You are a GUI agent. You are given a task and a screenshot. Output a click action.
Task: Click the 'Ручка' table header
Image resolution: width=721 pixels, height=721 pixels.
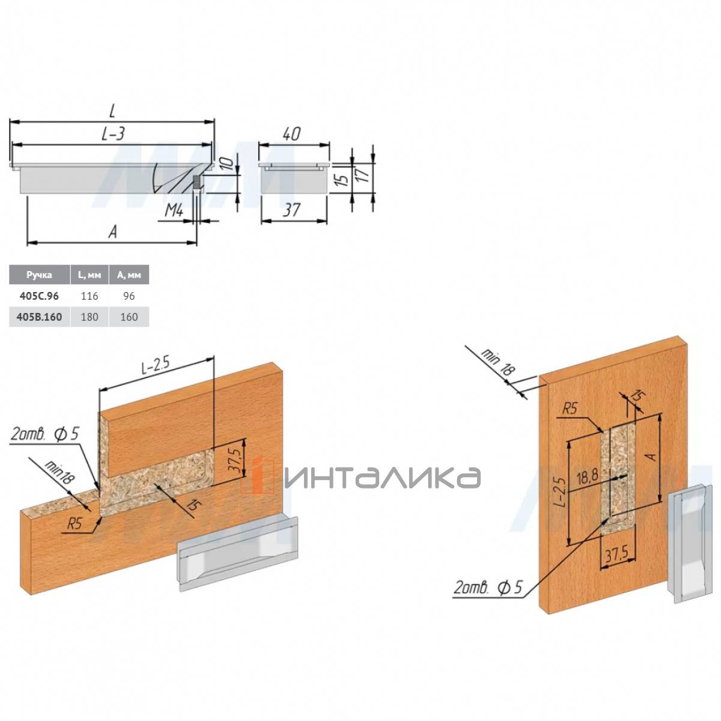[x=39, y=275]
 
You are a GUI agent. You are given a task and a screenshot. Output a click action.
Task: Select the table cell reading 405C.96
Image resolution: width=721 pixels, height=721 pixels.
[x=39, y=296]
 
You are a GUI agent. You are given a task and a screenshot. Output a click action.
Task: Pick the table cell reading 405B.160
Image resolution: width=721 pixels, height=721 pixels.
[x=39, y=317]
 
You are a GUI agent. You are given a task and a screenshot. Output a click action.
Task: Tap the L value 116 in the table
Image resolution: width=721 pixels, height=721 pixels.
[x=90, y=296]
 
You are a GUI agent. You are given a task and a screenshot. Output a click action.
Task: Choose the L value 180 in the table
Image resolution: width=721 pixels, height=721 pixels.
[x=90, y=317]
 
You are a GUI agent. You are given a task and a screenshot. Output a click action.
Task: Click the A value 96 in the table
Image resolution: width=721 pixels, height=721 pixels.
[x=129, y=296]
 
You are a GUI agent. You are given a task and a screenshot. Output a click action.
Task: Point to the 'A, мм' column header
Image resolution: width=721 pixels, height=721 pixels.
[x=129, y=275]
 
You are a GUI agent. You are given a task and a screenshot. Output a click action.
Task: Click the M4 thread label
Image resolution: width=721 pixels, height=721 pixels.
[x=174, y=211]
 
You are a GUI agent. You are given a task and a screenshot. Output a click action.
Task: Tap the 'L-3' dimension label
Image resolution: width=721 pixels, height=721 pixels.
[x=112, y=133]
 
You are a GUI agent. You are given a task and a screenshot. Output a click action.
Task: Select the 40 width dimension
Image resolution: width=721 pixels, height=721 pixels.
[x=291, y=134]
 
